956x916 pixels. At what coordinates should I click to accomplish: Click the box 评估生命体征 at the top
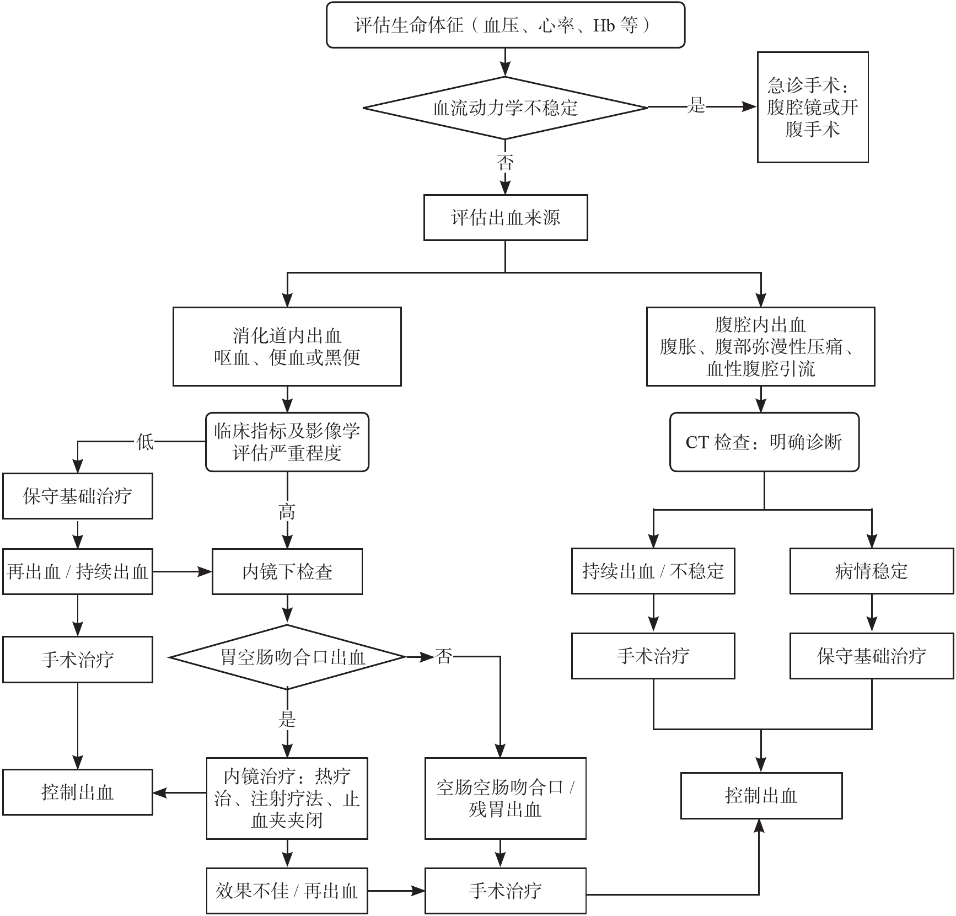[x=505, y=25]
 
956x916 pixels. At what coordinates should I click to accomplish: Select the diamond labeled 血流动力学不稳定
[x=505, y=108]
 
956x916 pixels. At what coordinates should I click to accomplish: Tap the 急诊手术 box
[x=812, y=108]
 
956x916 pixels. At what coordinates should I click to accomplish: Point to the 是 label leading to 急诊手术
[x=696, y=105]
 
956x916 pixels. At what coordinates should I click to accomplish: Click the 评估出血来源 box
[x=505, y=217]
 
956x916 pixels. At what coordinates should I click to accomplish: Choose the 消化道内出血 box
[x=287, y=346]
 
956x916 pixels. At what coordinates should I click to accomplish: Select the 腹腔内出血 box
[x=760, y=346]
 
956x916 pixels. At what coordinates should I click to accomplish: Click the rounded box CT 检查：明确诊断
[x=764, y=442]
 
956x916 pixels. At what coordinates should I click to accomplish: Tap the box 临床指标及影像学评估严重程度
[x=287, y=442]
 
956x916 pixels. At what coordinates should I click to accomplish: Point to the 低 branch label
[x=145, y=441]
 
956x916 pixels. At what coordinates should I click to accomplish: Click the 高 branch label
[x=287, y=512]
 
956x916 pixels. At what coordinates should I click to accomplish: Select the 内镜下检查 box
[x=287, y=571]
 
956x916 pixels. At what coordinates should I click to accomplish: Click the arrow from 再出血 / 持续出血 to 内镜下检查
[x=182, y=572]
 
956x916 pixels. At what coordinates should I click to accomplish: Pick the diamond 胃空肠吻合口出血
[x=287, y=657]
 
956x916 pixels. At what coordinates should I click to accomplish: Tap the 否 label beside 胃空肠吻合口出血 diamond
[x=444, y=656]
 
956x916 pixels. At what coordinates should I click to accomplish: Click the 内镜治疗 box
[x=287, y=798]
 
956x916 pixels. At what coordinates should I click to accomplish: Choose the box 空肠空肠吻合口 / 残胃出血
[x=505, y=798]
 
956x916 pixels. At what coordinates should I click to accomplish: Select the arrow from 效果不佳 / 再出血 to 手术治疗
[x=396, y=891]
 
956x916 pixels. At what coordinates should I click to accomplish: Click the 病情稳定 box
[x=871, y=571]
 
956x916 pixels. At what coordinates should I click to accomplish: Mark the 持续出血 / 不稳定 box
[x=653, y=571]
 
